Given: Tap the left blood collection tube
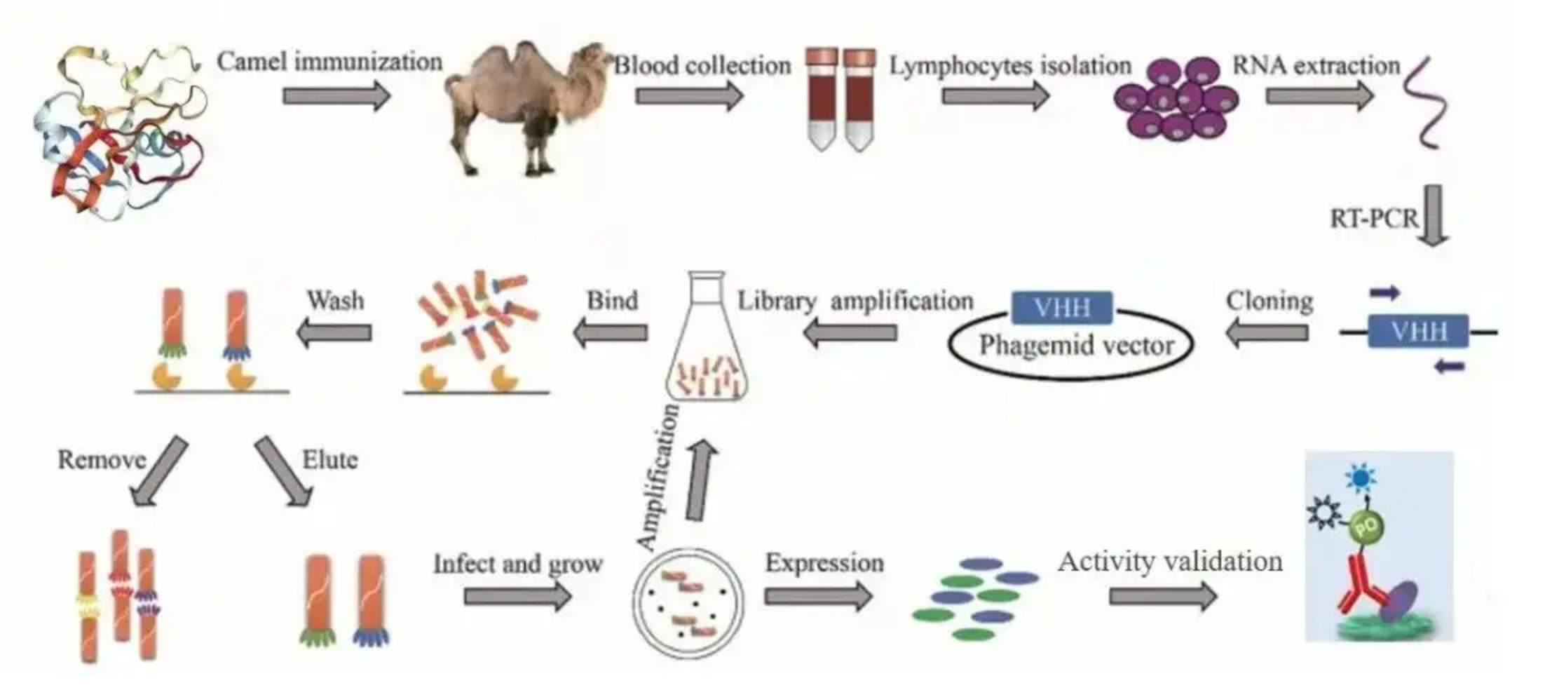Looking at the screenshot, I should tap(821, 98).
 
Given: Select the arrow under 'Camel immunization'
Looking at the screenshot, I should tap(336, 95).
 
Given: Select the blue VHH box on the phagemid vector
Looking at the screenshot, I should tap(1062, 308).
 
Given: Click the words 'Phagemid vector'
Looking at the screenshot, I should tap(1076, 346).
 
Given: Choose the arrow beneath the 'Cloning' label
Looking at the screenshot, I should tap(1267, 332).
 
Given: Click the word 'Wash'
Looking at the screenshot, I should tap(336, 301).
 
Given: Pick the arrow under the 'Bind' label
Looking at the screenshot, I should tap(611, 332).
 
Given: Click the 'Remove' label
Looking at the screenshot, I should tap(102, 460).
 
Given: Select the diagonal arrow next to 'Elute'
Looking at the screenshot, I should tap(284, 471).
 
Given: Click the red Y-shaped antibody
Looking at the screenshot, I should tap(1360, 589).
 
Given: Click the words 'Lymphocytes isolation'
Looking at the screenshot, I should tap(1010, 66).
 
